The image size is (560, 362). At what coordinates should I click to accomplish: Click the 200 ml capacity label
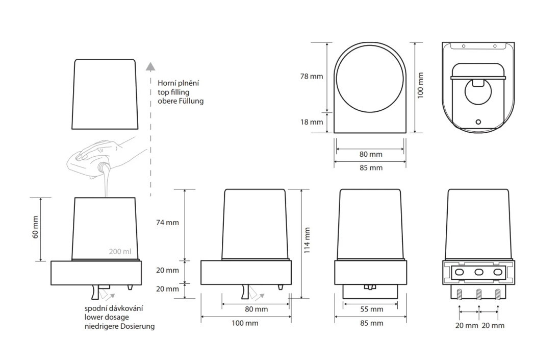tap(120, 252)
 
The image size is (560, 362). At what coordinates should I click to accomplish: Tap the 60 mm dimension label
tap(35, 228)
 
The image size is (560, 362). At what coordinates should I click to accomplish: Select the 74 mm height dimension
tap(167, 223)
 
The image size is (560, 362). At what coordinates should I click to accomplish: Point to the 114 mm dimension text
tap(307, 240)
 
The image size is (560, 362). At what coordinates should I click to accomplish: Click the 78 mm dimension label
tap(312, 76)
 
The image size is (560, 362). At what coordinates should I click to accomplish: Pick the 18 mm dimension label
tap(312, 122)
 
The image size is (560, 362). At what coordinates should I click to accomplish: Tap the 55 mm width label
tap(371, 309)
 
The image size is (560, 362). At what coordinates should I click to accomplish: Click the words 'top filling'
tap(173, 92)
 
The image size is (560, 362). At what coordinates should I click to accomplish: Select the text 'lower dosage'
tap(107, 317)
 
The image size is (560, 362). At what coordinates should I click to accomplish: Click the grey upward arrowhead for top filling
tap(151, 66)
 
